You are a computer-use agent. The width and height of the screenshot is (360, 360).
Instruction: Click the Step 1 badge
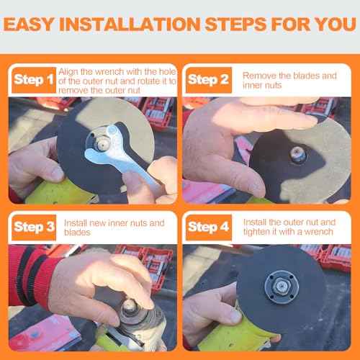point(33,80)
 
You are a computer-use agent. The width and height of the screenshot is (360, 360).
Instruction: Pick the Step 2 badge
point(208,80)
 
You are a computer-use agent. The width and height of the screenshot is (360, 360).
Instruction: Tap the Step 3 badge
point(33,228)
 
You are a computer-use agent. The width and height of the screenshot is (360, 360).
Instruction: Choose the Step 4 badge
point(208,228)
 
